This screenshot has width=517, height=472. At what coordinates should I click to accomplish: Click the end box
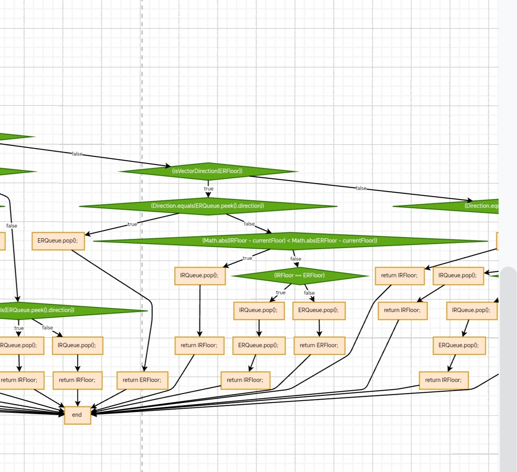77,415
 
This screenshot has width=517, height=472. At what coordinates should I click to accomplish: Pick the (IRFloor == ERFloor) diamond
299,275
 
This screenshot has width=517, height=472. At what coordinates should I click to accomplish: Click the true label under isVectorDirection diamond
209,189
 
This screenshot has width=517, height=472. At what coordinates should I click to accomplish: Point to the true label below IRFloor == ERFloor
280,293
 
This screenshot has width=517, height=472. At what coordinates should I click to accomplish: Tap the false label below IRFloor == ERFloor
309,293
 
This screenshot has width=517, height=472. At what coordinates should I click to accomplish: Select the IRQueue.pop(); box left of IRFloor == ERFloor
199,275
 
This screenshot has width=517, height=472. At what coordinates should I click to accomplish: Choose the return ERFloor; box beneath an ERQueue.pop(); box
319,345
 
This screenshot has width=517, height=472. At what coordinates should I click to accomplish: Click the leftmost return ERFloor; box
142,380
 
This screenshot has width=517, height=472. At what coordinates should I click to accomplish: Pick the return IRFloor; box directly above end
77,380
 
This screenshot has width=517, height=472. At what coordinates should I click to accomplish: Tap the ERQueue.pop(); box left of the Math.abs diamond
58,241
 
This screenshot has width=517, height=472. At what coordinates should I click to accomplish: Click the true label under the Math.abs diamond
247,258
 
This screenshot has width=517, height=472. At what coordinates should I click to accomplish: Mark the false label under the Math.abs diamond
295,259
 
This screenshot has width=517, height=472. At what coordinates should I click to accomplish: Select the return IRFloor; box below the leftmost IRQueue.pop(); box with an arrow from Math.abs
199,345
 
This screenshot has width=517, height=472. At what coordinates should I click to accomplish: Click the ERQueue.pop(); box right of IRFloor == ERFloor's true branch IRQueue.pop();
318,310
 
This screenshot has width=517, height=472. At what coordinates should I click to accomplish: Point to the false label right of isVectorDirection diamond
361,188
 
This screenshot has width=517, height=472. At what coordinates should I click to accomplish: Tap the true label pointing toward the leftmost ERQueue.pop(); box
132,224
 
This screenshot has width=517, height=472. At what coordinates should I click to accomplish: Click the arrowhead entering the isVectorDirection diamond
168,166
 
